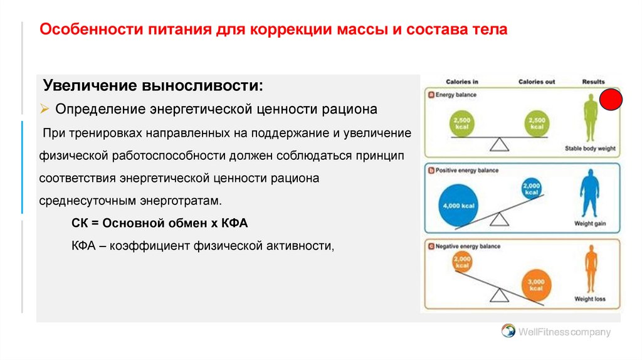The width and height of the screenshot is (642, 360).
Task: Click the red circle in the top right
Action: pos(611,100)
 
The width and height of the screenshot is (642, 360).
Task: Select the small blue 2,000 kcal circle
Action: pos(532,188)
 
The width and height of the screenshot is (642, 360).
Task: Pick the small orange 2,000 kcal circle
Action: pos(461,262)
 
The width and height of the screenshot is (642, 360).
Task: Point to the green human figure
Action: pos(589,118)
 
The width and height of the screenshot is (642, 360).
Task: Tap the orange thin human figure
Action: pos(590,268)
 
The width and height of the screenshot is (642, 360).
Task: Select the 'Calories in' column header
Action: pos(462,82)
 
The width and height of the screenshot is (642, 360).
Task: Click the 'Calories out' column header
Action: pos(537,82)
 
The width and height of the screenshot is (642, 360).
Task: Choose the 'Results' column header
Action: pos(593,82)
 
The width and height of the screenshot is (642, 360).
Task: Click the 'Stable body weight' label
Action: pos(590,149)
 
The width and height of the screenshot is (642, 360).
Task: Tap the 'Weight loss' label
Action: pos(590,299)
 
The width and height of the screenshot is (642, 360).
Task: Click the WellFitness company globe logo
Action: pos(508,331)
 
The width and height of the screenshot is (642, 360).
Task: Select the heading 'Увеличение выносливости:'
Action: pos(153,85)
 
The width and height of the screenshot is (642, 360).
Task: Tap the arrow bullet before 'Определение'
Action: pos(45,109)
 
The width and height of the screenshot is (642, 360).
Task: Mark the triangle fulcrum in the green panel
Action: pos(499,144)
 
